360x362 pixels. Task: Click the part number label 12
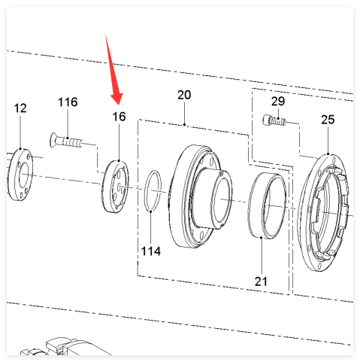[x=20, y=108]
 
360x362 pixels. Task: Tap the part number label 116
[x=68, y=102]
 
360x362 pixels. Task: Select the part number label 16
[x=119, y=117]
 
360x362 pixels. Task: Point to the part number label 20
[x=184, y=95]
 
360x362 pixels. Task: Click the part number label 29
[x=278, y=102]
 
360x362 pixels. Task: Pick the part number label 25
[x=328, y=120]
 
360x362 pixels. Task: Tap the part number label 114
[x=151, y=251]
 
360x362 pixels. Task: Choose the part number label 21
[x=261, y=281]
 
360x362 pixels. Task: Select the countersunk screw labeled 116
[x=66, y=141]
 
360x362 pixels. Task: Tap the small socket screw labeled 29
[x=274, y=120]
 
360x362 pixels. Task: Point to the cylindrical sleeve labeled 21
[x=267, y=205]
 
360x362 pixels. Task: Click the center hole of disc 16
[x=119, y=187]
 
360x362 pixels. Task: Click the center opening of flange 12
[x=25, y=175]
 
